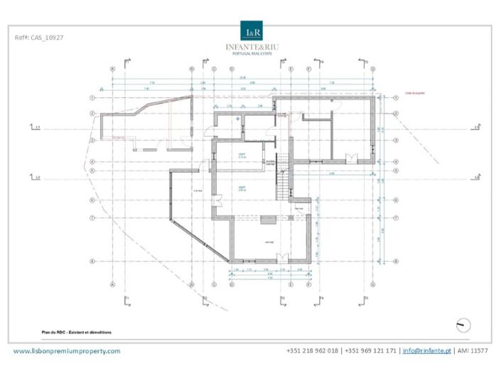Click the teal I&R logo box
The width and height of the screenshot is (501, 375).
pos(253,33)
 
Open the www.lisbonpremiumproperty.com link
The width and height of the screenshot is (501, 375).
pos(68,351)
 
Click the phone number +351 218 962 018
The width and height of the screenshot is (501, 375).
pos(312,351)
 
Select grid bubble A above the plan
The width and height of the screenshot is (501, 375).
pos(113,70)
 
